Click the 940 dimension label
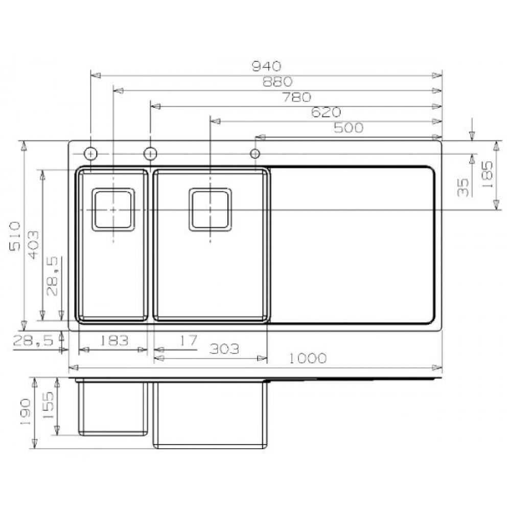click(x=266, y=66)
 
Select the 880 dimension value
click(x=277, y=82)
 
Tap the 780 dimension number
click(x=296, y=97)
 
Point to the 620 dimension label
click(x=326, y=112)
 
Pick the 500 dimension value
click(x=349, y=128)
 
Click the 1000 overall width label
click(x=308, y=359)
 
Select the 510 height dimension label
click(x=15, y=238)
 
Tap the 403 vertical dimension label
click(x=33, y=244)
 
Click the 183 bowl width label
click(x=114, y=340)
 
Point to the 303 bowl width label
click(x=224, y=349)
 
